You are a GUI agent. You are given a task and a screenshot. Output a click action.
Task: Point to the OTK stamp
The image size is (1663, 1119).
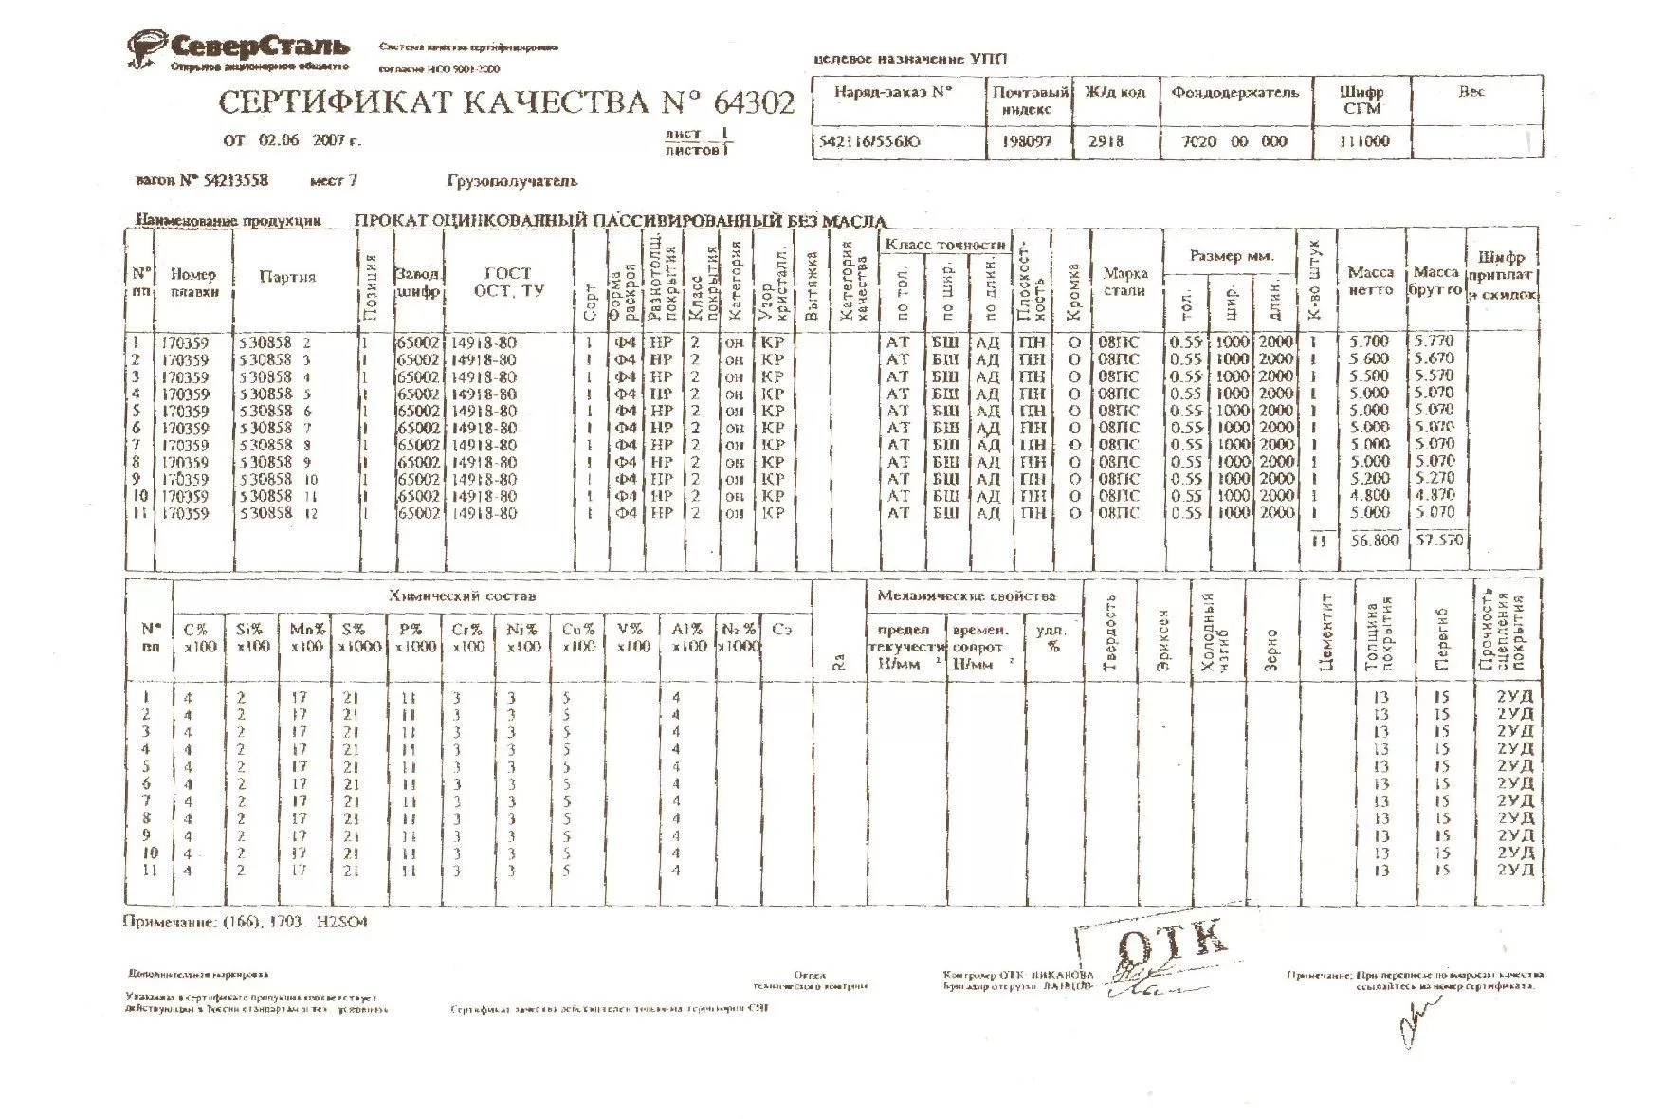1172,945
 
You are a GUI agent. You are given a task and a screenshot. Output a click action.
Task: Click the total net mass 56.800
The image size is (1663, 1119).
1368,540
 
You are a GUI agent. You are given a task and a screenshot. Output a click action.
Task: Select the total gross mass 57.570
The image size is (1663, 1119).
1437,540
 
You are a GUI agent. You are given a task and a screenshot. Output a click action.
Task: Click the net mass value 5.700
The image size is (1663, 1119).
1368,341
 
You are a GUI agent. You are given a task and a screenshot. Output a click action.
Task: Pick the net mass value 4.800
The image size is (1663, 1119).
1368,495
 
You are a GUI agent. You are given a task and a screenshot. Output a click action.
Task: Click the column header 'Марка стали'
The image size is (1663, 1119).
1124,282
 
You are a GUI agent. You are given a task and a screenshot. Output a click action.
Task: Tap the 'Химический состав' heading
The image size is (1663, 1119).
462,596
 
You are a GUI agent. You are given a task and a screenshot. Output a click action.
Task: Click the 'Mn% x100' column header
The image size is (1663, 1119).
306,637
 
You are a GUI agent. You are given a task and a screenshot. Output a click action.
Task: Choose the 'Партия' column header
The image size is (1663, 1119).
287,277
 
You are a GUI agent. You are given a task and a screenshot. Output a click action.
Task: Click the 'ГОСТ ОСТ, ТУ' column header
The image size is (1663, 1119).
508,282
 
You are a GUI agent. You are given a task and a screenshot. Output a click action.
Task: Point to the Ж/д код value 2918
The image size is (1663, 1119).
1106,141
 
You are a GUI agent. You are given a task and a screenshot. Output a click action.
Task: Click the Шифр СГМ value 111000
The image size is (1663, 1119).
1363,141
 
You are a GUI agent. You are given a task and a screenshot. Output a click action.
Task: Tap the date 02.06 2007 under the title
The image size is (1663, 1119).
293,141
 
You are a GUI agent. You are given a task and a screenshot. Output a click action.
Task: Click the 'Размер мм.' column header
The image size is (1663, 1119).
1230,256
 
